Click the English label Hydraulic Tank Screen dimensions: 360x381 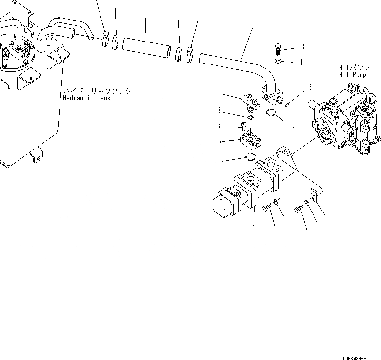click(87, 98)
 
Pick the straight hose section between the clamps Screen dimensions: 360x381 click(146, 47)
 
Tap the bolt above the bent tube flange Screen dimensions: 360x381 click(277, 47)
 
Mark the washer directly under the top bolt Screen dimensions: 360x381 click(277, 61)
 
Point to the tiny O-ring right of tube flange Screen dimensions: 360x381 click(288, 103)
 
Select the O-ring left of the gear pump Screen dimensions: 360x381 click(250, 157)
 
